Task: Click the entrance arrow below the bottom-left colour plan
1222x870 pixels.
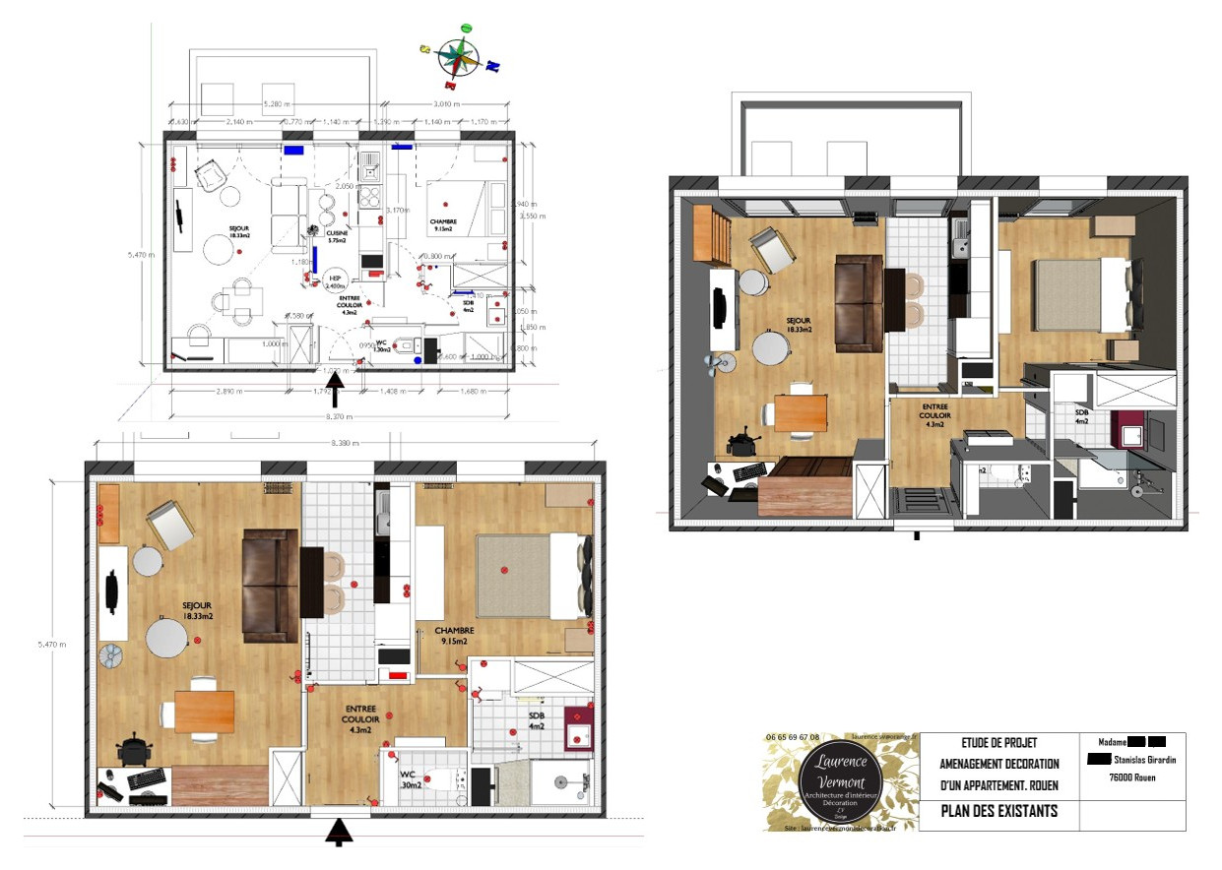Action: coord(340,832)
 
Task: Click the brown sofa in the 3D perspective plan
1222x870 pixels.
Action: coord(859,302)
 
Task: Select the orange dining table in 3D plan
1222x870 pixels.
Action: coord(800,412)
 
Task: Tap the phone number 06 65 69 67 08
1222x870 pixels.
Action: coord(793,737)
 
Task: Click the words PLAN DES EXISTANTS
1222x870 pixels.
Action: coord(998,811)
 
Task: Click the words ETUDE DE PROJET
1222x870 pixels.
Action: coord(998,743)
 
